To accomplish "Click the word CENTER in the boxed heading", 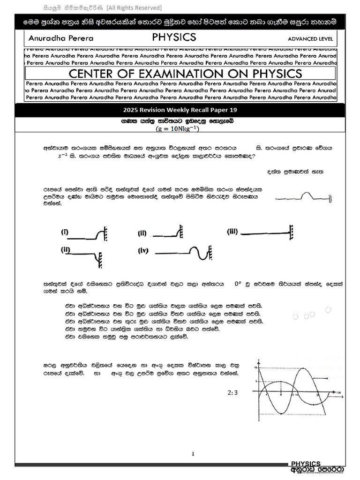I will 92,74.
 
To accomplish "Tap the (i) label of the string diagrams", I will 65,232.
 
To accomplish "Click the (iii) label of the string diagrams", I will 233,231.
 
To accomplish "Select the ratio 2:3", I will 232,393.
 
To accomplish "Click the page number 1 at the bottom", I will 193,453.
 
